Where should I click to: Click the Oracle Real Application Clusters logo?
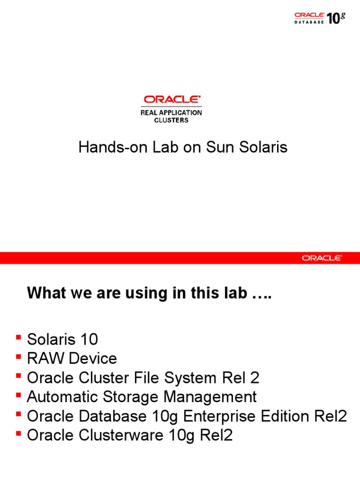point(172,109)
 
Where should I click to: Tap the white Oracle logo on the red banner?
point(322,258)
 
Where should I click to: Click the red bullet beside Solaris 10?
point(18,337)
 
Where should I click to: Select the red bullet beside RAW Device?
point(18,356)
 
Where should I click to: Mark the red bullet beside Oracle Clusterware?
point(18,433)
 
